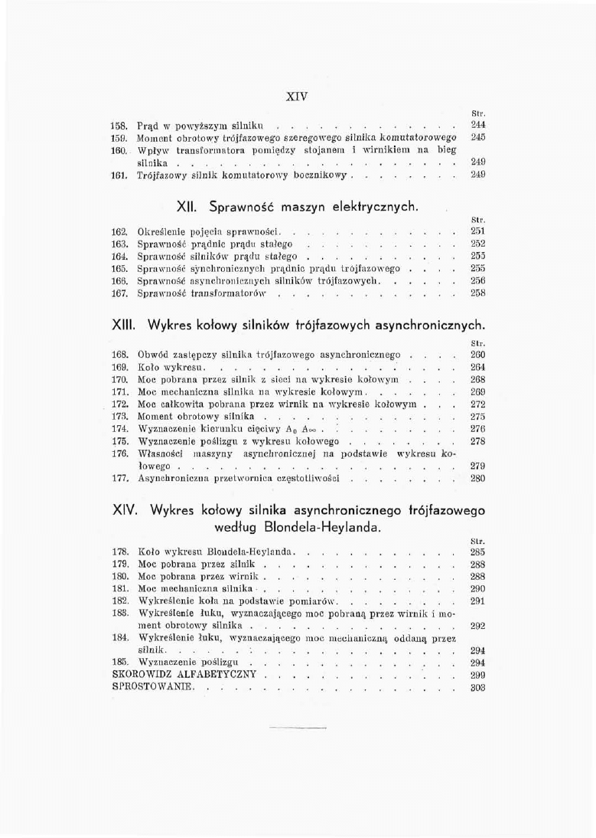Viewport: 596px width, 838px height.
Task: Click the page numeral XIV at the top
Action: pyautogui.click(x=297, y=97)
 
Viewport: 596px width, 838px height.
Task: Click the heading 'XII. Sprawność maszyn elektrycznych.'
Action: pyautogui.click(x=298, y=207)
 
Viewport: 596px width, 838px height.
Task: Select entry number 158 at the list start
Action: pyautogui.click(x=121, y=124)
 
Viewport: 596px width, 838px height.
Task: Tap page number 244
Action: pyautogui.click(x=478, y=124)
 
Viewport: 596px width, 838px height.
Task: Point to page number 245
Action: pyautogui.click(x=478, y=137)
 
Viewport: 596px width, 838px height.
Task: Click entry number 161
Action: pyautogui.click(x=121, y=175)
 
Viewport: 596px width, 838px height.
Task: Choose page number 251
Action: pyautogui.click(x=478, y=231)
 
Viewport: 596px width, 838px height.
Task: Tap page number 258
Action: pyautogui.click(x=478, y=293)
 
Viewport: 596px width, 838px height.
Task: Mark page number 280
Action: pyautogui.click(x=478, y=479)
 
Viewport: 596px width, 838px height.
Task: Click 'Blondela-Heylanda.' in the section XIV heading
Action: pyautogui.click(x=303, y=528)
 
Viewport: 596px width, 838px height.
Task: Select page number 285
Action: pyautogui.click(x=478, y=552)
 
